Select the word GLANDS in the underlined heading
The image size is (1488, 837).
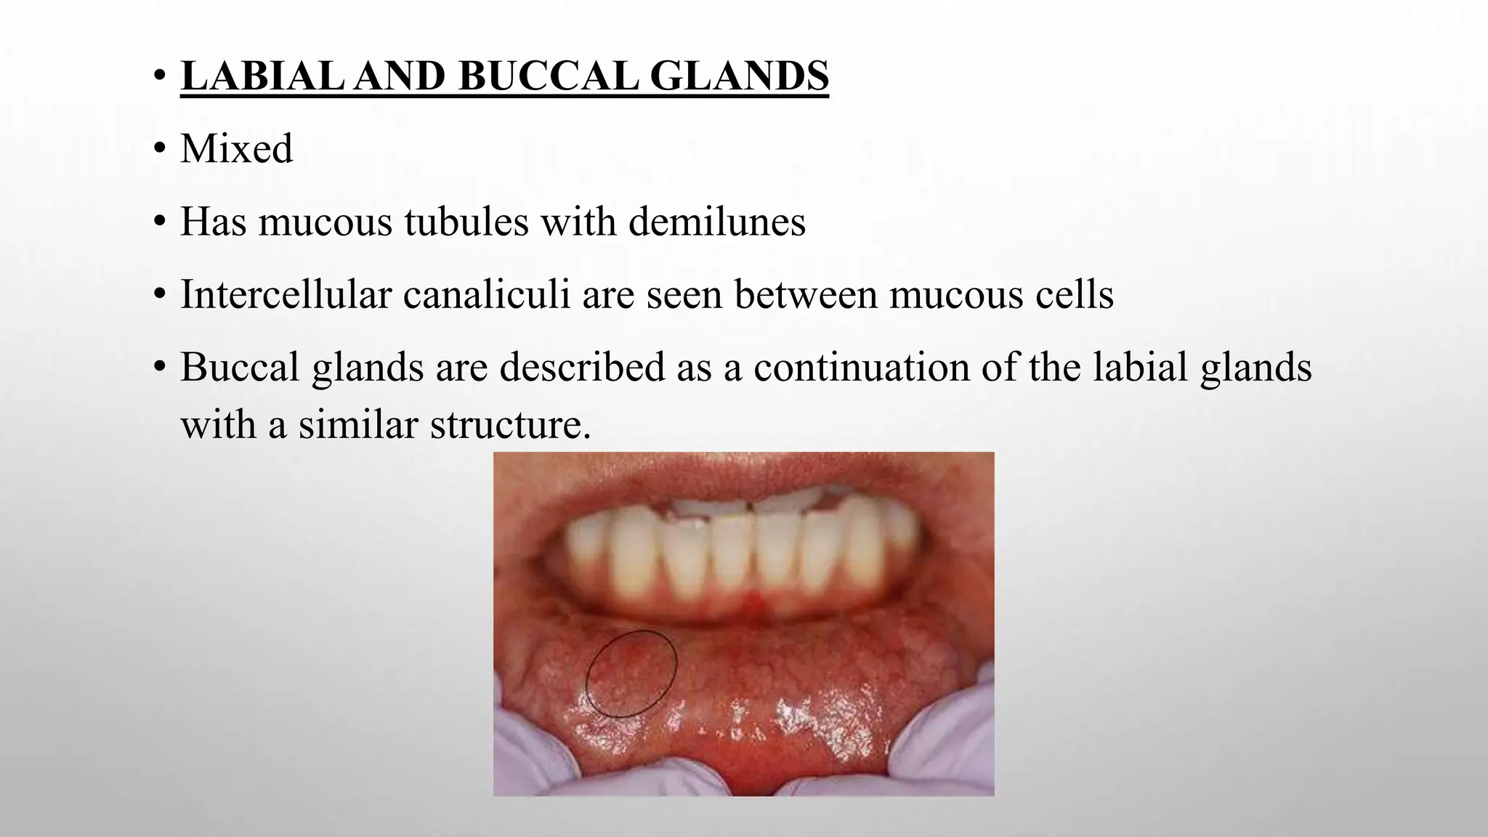[x=738, y=76]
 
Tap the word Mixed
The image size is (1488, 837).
[x=237, y=149]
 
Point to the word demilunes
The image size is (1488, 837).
[x=716, y=222]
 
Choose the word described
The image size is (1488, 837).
[x=582, y=367]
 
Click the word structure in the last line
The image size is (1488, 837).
[x=510, y=425]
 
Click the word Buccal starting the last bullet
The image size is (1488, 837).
[x=240, y=367]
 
